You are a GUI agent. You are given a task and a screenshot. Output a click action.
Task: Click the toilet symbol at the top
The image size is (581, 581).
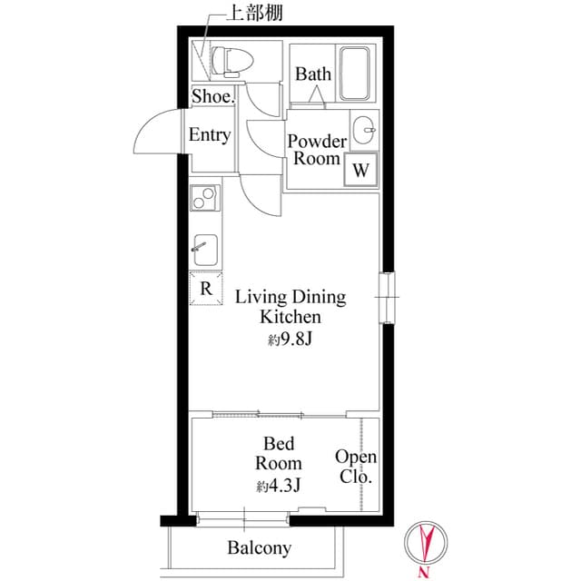click(229, 62)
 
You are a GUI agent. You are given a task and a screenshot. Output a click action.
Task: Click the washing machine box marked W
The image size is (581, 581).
click(360, 170)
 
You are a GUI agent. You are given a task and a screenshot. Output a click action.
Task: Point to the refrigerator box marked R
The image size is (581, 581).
click(205, 289)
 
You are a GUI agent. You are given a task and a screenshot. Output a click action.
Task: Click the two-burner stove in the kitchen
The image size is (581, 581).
click(204, 196)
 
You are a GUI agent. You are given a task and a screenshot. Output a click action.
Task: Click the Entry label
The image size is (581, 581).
click(209, 135)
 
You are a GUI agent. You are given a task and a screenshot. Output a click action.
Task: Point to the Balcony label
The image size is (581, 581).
click(259, 547)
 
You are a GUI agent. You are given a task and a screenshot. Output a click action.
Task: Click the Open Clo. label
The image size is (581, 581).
click(356, 467)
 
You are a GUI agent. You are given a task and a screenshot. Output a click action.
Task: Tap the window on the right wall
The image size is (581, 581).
click(387, 297)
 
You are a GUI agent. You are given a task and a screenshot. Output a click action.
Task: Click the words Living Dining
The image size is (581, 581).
click(290, 296)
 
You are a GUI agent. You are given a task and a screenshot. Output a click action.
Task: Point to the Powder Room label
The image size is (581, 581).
click(317, 150)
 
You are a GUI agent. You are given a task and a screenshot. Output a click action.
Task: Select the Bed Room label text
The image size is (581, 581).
click(279, 453)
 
